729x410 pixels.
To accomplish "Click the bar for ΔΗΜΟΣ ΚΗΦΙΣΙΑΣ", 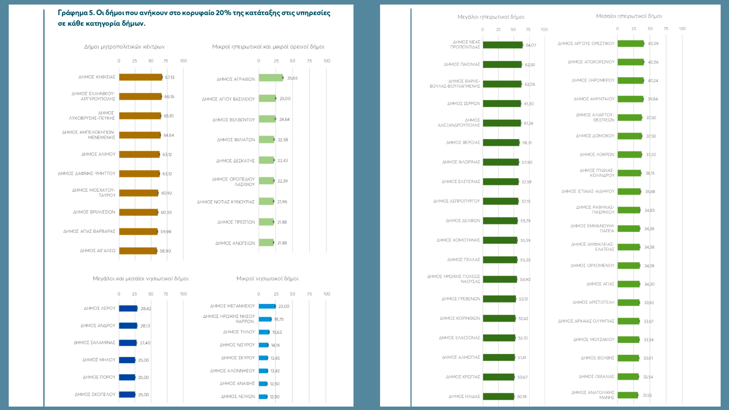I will [x=140, y=77].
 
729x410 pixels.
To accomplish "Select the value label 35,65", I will [x=292, y=78].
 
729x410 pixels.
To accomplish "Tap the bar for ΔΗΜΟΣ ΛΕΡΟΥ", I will [x=128, y=309].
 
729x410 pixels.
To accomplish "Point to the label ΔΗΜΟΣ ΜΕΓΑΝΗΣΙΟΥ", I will [x=232, y=306].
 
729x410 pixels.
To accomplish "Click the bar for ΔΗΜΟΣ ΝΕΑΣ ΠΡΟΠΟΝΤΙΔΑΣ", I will [x=503, y=45].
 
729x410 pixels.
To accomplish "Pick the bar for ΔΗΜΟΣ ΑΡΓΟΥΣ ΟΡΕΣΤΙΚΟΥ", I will [x=631, y=44].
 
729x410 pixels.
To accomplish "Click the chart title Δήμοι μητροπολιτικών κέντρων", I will [x=124, y=47].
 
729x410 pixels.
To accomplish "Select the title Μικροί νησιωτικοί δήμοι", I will [x=267, y=279].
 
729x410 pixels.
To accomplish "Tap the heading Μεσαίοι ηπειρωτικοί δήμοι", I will [x=629, y=16].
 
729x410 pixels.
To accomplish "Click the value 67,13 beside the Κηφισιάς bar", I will [x=170, y=77].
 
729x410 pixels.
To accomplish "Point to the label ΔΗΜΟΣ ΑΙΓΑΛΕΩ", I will [x=98, y=251].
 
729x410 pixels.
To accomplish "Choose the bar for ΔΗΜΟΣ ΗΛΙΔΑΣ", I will [x=499, y=396].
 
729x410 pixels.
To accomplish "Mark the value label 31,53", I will [x=647, y=396].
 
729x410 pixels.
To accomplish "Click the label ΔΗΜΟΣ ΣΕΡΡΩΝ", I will [x=464, y=104].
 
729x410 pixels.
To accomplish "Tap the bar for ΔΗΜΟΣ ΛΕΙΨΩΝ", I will [x=263, y=397].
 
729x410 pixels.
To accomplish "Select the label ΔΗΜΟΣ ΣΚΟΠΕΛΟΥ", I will [x=95, y=394].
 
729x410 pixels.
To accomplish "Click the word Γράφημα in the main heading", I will [x=73, y=13].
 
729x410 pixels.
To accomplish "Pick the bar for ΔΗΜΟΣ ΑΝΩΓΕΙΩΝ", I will [x=266, y=243].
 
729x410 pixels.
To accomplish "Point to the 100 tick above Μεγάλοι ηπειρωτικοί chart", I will [x=544, y=30].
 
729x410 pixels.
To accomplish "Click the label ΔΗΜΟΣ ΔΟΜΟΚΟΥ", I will [x=595, y=136].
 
